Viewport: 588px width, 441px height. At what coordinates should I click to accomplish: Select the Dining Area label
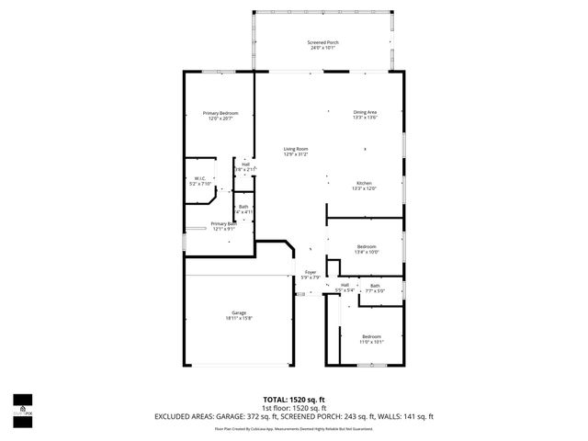[365, 112]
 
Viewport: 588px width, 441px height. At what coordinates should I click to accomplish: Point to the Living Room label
[295, 149]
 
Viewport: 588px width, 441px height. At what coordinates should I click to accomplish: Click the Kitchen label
[365, 183]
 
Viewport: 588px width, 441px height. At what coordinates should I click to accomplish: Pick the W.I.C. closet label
[199, 178]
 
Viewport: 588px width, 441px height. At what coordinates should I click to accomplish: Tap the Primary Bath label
[220, 223]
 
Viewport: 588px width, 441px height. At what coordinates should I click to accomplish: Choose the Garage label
[239, 312]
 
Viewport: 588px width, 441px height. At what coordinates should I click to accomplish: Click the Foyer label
[311, 272]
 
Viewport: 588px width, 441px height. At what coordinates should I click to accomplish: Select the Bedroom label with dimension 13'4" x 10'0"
[367, 246]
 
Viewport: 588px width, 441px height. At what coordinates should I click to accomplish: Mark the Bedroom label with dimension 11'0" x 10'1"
[370, 336]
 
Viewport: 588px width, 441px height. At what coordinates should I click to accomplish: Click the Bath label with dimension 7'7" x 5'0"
[375, 286]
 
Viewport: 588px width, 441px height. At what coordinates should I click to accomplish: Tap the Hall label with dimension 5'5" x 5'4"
[345, 285]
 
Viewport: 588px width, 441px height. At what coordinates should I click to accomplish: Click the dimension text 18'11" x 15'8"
[239, 319]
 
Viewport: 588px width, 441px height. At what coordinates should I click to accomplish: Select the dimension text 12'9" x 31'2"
[295, 155]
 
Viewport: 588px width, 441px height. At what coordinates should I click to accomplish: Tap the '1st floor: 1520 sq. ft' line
[294, 409]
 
